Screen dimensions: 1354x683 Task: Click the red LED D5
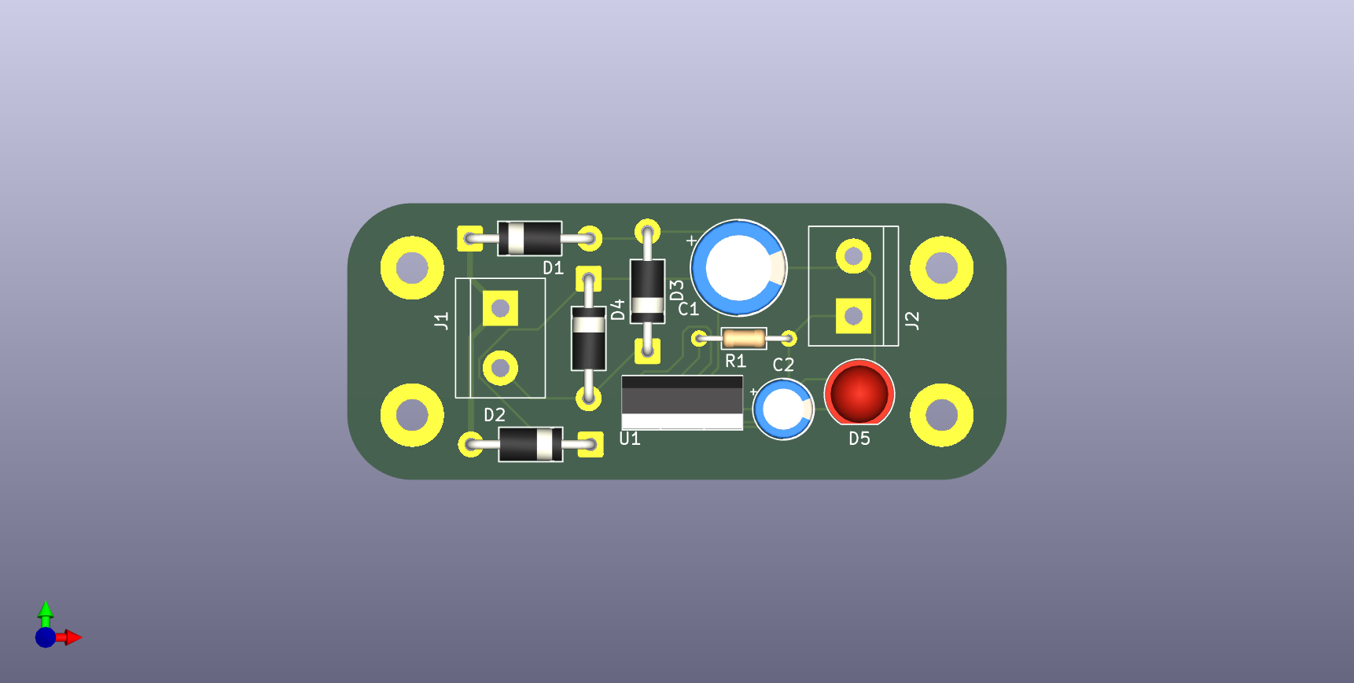[x=859, y=392]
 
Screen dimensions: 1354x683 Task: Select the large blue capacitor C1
[x=738, y=268]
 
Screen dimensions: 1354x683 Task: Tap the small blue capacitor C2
[x=783, y=409]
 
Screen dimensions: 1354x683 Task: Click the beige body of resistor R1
[x=744, y=339]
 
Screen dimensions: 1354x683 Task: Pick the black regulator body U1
[x=682, y=402]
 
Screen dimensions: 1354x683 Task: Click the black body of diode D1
[x=530, y=238]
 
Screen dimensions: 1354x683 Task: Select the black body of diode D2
[x=531, y=444]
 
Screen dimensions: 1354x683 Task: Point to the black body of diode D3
[x=647, y=291]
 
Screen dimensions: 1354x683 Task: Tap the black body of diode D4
[x=588, y=338]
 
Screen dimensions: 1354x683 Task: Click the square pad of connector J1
[x=500, y=308]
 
